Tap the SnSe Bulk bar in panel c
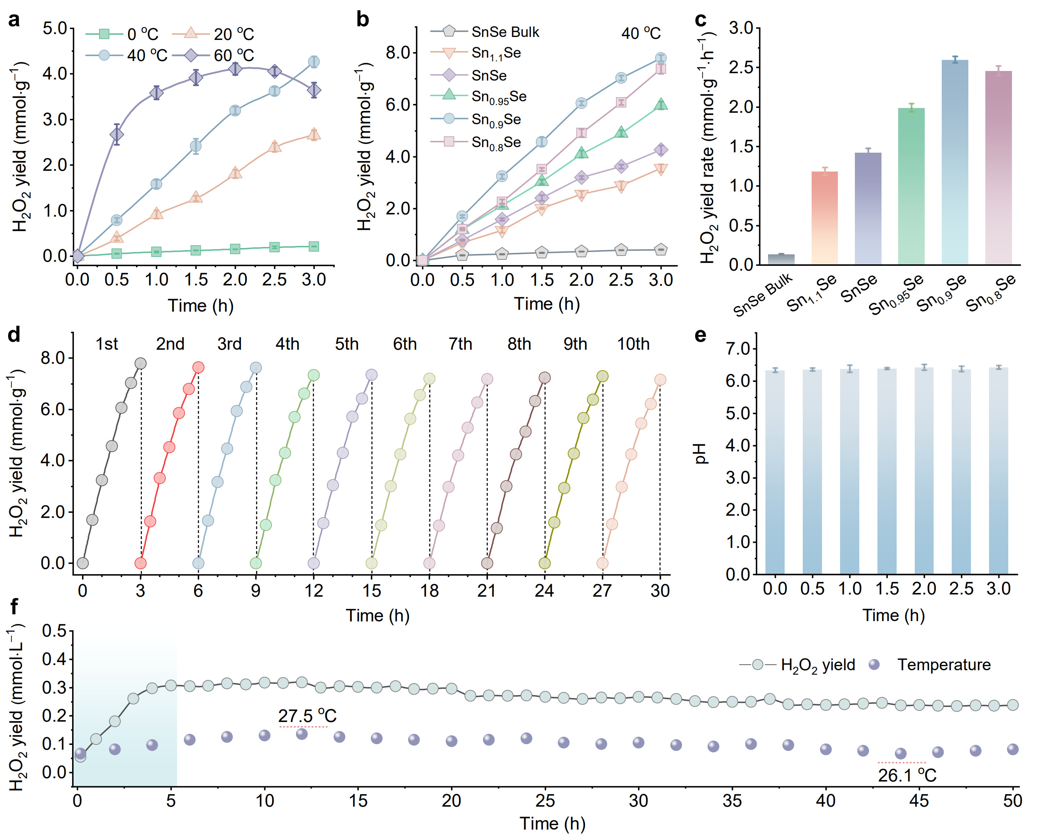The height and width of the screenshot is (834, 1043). click(x=781, y=259)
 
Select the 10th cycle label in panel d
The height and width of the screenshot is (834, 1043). click(x=633, y=344)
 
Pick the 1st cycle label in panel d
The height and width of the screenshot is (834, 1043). click(x=106, y=344)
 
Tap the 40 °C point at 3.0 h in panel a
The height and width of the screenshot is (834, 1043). click(x=314, y=61)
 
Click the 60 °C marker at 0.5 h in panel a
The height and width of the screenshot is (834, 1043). click(x=116, y=135)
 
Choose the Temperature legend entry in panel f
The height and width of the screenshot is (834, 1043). click(x=943, y=665)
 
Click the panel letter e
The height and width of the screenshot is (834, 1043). click(x=700, y=335)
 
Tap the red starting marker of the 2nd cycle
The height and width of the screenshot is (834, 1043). click(x=141, y=563)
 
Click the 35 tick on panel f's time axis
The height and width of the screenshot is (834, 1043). click(x=732, y=801)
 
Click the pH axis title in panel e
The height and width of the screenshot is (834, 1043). click(x=700, y=453)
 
